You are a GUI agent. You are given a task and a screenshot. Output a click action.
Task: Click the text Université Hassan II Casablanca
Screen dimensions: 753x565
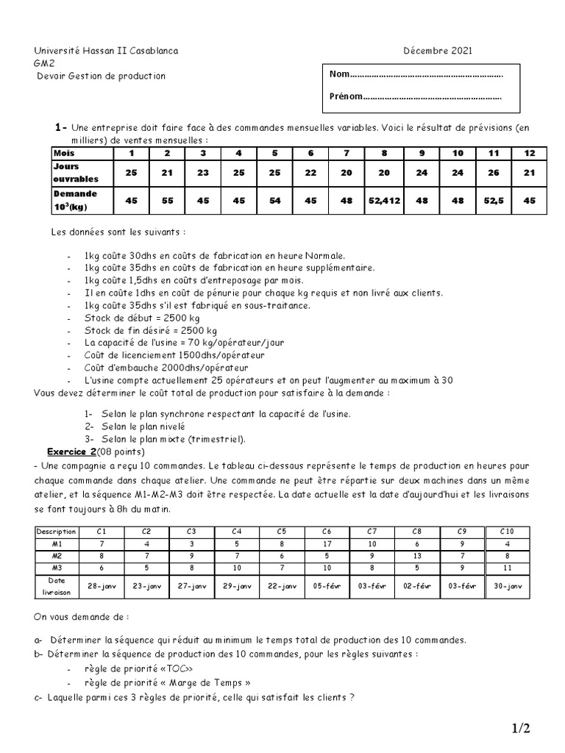point(106,51)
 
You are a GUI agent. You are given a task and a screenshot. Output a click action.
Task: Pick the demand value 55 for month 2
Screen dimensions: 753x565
point(167,199)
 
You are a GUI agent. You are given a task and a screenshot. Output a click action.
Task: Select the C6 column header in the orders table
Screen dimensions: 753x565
point(327,531)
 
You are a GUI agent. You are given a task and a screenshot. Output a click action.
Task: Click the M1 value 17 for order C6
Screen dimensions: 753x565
point(327,543)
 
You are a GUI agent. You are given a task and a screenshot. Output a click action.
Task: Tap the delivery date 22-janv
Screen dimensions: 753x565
point(282,586)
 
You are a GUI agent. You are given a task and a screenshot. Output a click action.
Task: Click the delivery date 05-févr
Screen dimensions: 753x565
point(327,586)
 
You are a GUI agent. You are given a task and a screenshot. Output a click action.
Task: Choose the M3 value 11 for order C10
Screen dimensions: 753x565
point(508,568)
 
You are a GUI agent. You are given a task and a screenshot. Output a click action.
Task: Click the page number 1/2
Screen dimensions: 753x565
point(521,729)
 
